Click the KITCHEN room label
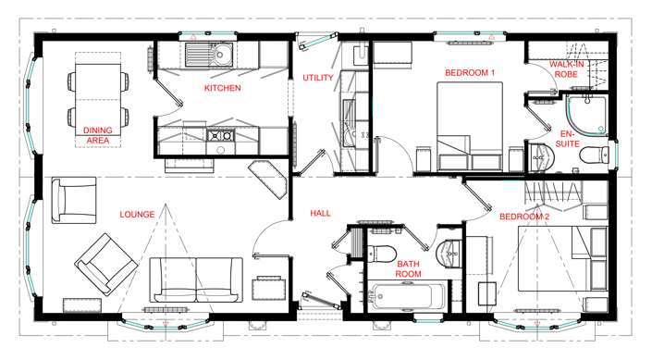click(x=222, y=89)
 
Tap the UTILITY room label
click(x=318, y=78)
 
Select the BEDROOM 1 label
click(x=471, y=72)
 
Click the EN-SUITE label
click(x=567, y=139)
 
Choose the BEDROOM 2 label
click(x=524, y=217)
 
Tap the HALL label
click(x=320, y=214)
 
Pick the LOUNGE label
click(x=138, y=215)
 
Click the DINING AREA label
click(x=98, y=135)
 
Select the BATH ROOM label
click(x=409, y=269)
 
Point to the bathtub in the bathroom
click(x=406, y=298)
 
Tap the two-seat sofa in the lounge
click(x=197, y=279)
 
